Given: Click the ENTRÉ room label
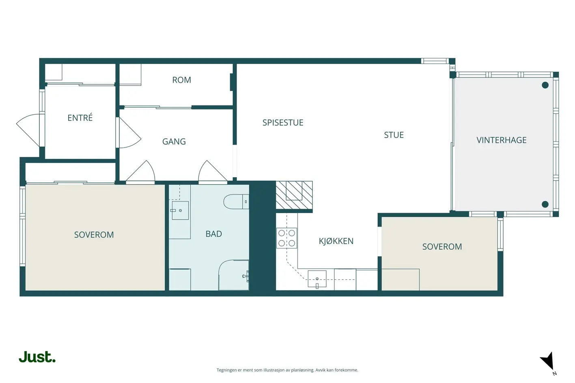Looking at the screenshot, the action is pos(80,118).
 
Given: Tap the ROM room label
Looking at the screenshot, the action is pos(181,80).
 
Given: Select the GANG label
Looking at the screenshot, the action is pos(174,141).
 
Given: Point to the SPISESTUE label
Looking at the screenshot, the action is pos(282,122).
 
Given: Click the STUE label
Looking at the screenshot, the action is pos(394,135).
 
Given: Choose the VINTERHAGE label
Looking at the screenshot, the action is pos(501,140).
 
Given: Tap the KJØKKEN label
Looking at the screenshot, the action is pos(336,241).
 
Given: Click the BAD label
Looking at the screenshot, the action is pos(213,234).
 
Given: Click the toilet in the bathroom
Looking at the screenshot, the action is pos(236,202).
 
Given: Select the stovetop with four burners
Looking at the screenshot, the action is pos(287,238).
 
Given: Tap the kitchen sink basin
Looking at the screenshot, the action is pos(317,279).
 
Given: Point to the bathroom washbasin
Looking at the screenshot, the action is pos(180,210).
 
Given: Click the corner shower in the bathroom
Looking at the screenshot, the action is pos(234,275).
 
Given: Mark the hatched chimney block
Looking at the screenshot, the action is pos(294,195).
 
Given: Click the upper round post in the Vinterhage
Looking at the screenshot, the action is pos(545,85).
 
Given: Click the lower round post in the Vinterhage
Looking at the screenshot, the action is pos(545,204).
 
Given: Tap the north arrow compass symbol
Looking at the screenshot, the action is pos(547,362).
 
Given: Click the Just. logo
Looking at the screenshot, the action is pos(37,357).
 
